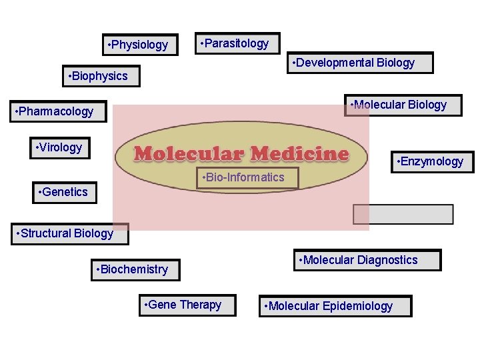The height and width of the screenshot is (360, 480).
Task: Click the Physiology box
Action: pos(140,45)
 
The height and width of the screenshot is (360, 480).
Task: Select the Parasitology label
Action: pos(236,43)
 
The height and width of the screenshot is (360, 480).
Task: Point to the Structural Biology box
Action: pos(70,233)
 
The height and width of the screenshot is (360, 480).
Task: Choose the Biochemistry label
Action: pos(135,269)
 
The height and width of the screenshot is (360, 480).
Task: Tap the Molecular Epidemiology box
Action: pos(335,306)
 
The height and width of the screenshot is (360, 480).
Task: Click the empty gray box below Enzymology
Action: pos(403,215)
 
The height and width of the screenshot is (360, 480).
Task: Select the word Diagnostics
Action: pos(387,260)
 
